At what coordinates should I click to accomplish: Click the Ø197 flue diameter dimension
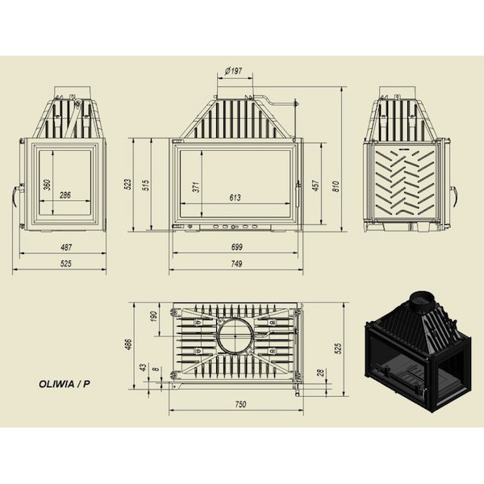tap(233, 71)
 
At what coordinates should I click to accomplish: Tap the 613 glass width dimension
tap(235, 198)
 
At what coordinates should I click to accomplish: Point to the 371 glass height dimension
tap(196, 187)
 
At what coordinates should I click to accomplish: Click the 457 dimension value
tap(315, 186)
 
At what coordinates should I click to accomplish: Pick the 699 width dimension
tap(236, 247)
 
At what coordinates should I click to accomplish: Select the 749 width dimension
tap(236, 264)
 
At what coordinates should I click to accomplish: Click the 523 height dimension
tap(127, 184)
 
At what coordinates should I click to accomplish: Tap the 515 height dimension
tap(146, 185)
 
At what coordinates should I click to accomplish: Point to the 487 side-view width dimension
tap(66, 248)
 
